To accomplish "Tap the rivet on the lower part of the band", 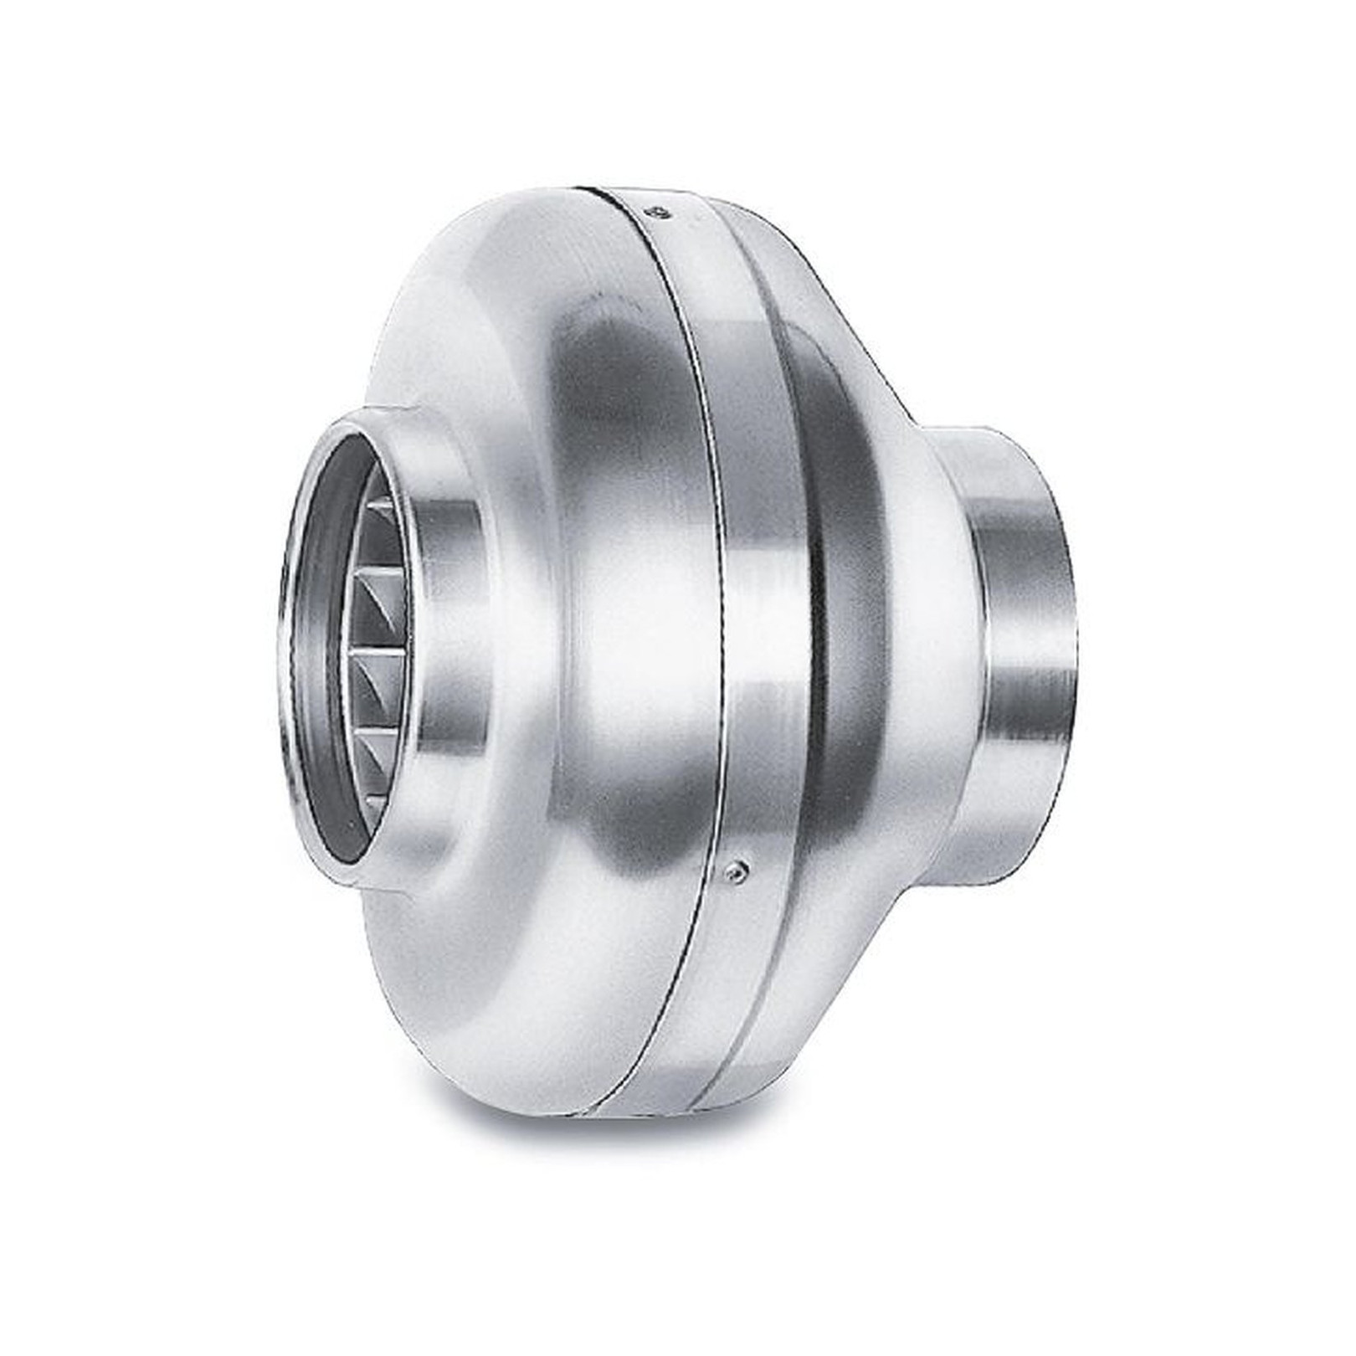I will [x=734, y=871].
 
